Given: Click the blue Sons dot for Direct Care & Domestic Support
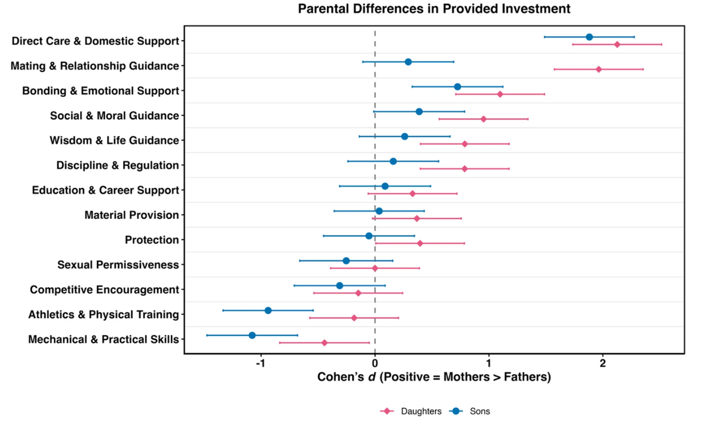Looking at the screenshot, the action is (589, 37).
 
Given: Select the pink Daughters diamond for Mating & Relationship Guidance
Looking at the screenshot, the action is (599, 69).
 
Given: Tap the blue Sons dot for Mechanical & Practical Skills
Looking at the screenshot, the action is (252, 335).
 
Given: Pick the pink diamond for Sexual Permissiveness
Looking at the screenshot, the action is (375, 268).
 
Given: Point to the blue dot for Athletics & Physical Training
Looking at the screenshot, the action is (268, 310).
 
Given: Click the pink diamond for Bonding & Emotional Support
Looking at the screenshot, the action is (500, 94).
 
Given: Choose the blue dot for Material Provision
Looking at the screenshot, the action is (379, 211).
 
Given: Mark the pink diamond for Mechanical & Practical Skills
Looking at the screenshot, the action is (325, 343).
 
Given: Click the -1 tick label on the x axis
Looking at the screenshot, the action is (261, 364).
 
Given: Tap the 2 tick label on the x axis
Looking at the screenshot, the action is (603, 364).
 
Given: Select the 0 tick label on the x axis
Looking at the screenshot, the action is (375, 364).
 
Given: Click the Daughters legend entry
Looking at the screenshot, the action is (411, 411).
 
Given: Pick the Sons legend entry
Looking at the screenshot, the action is (470, 411).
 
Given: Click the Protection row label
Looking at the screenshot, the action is (152, 239).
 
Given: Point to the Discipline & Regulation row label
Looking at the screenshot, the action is (118, 165).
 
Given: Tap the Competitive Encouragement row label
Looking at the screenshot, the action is (105, 290).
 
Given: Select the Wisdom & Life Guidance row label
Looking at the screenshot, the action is (114, 140).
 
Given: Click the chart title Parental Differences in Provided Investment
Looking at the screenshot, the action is (434, 9).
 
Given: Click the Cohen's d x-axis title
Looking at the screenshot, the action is (434, 377).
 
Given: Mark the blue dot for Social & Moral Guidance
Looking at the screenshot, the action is (419, 112).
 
